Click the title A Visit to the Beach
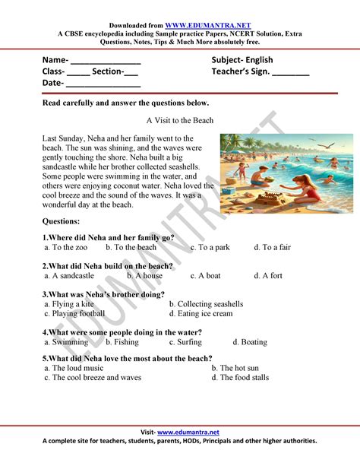tap(180, 120)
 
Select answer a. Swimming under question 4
tap(66, 342)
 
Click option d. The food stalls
tap(239, 377)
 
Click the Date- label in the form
tap(52, 83)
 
